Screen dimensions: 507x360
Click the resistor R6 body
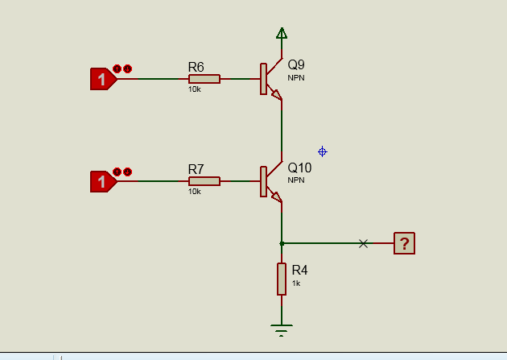[204, 79]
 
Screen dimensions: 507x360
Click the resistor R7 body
[204, 181]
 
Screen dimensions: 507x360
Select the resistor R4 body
[282, 279]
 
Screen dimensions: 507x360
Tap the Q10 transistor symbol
[270, 182]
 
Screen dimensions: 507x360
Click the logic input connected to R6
[102, 79]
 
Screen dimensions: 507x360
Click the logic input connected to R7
[102, 182]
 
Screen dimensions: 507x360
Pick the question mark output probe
[404, 243]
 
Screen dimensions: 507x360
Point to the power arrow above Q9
[282, 33]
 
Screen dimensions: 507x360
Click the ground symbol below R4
[282, 329]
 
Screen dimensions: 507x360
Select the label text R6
[196, 67]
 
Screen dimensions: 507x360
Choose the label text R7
[196, 169]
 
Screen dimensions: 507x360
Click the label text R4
[299, 270]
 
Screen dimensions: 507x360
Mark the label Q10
[299, 168]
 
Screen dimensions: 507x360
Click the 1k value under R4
[296, 283]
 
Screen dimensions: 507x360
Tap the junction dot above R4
[282, 243]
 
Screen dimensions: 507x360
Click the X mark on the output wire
[363, 243]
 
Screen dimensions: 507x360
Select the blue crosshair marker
[322, 151]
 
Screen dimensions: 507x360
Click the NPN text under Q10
[296, 180]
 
